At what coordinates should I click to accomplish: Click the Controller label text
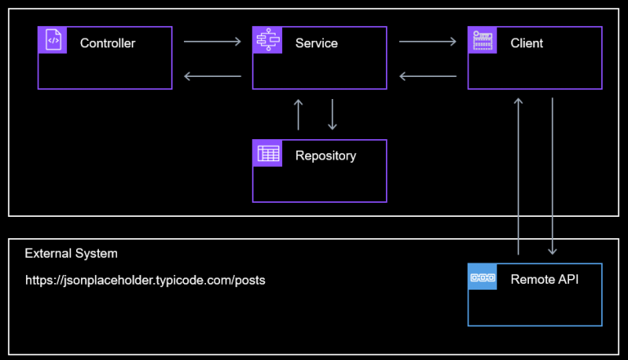[x=107, y=43]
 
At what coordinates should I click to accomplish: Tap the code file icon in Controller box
[x=52, y=40]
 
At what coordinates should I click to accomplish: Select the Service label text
[x=316, y=43]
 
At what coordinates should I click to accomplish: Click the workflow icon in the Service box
[x=267, y=40]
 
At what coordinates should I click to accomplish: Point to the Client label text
[x=526, y=43]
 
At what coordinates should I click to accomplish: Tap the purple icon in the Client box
[x=482, y=40]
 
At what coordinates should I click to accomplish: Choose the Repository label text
[x=325, y=155]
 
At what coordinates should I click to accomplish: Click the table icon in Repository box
[x=267, y=153]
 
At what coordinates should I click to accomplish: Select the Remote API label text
[x=544, y=279]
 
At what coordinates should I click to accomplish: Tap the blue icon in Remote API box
[x=482, y=277]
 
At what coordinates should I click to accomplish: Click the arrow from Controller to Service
[x=212, y=40]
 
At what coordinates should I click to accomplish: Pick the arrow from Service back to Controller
[x=212, y=77]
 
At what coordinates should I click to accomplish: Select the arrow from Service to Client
[x=427, y=40]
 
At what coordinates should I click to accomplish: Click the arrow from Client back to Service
[x=427, y=77]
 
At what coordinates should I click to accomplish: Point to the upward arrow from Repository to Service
[x=298, y=115]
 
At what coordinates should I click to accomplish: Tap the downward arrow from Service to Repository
[x=332, y=115]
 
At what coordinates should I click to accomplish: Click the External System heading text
[x=71, y=254]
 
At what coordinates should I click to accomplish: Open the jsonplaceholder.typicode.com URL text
[x=145, y=280]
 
